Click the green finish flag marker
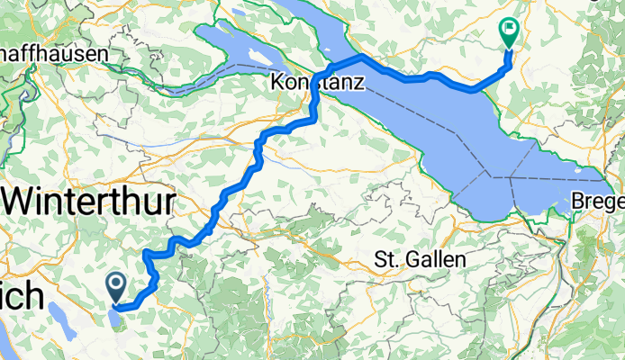[x=509, y=32]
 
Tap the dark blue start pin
[x=117, y=286]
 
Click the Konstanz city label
[x=315, y=84]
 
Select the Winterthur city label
[x=86, y=201]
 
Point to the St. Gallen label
[x=420, y=260]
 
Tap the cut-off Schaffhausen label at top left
[x=54, y=54]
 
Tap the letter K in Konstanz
[x=276, y=84]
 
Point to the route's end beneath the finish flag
[x=509, y=51]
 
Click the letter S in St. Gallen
[x=379, y=260]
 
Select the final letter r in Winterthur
[x=166, y=201]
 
